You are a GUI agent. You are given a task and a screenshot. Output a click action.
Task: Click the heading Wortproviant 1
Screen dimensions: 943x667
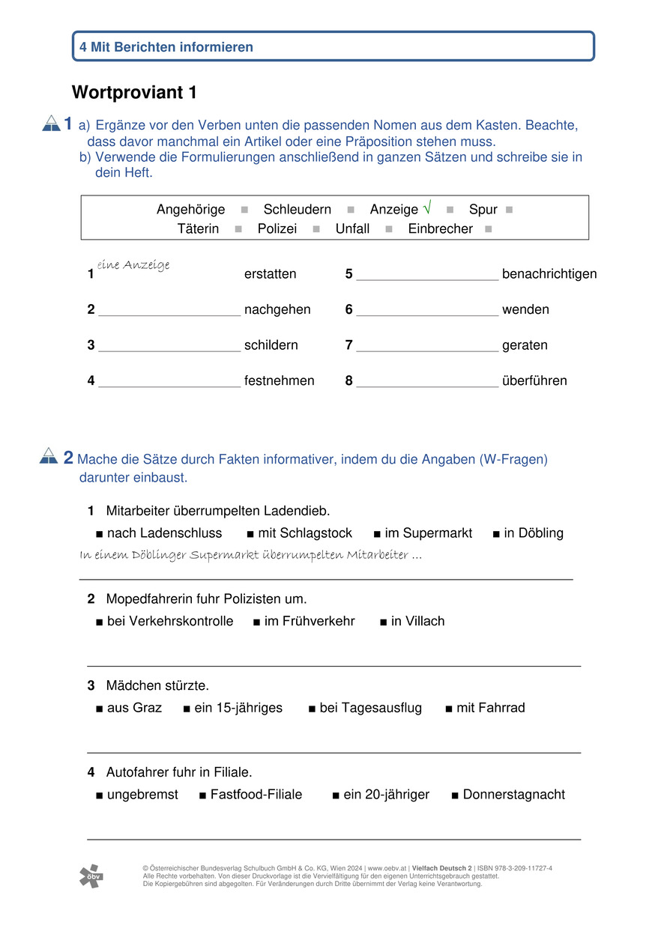pos(134,93)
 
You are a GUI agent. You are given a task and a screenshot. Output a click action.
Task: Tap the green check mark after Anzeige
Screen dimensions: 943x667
pos(427,207)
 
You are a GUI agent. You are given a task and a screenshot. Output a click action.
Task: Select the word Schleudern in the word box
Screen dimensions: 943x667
pos(297,210)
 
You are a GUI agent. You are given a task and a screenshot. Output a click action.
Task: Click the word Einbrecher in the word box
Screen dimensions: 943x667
pos(440,229)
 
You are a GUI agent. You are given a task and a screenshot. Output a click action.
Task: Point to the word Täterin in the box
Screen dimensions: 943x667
pos(198,229)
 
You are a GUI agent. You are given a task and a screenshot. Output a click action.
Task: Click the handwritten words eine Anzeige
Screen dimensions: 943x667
pos(133,265)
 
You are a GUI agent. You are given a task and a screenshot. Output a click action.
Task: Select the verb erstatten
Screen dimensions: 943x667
pos(270,274)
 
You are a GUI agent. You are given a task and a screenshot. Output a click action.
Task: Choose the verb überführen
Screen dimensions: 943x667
pos(534,381)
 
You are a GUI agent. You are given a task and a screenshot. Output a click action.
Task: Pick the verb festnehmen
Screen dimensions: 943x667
pos(279,381)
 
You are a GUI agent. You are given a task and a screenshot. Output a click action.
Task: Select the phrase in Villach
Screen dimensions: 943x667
pos(417,621)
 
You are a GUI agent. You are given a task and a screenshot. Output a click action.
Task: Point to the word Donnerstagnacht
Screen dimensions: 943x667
pos(513,795)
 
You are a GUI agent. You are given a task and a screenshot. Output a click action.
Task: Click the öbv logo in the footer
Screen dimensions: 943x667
pos(91,876)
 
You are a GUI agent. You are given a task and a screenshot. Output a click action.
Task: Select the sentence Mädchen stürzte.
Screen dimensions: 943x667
pos(157,685)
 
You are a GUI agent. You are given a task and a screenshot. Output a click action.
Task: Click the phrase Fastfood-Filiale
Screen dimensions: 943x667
pos(256,795)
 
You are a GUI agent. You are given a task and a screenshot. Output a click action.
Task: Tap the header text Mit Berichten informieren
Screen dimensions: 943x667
pos(172,47)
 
